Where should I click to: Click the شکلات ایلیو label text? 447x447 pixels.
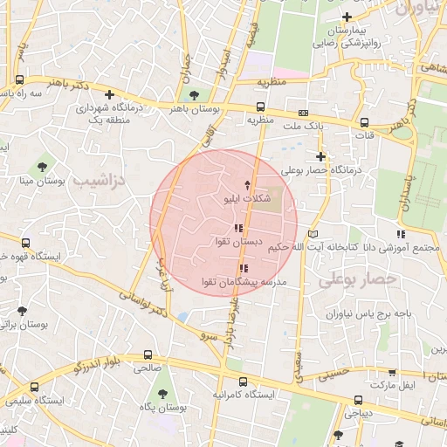[x=248, y=200]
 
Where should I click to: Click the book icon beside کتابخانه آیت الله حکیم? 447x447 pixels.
[x=314, y=235]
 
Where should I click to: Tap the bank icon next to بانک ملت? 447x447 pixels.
[x=303, y=113]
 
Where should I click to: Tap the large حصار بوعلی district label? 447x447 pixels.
[x=358, y=280]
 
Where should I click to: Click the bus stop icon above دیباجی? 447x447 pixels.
[x=359, y=400]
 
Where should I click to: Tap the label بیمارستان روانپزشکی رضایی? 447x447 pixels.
[x=347, y=36]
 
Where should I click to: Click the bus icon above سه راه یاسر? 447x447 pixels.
[x=19, y=79]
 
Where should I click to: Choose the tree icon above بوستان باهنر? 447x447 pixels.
[x=193, y=95]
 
